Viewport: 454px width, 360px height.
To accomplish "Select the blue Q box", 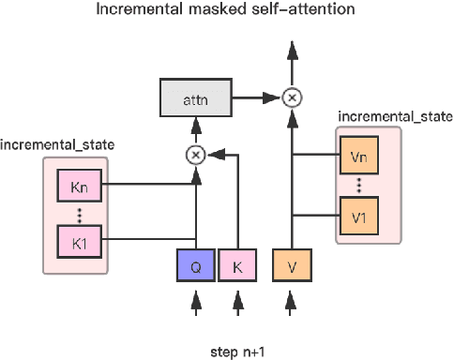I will (196, 266).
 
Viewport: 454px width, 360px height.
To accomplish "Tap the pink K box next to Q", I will (238, 266).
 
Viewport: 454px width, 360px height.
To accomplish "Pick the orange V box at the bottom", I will (292, 266).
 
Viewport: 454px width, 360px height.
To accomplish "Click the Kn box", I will (79, 185).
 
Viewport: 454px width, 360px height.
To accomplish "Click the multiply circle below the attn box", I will (196, 155).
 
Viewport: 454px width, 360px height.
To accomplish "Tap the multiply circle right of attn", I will (292, 97).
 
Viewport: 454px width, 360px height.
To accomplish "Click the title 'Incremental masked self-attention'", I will (226, 11).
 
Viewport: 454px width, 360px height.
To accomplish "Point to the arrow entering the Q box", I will (196, 302).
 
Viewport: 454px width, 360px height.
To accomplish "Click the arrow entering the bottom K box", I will (238, 302).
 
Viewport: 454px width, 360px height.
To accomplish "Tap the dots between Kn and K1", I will (79, 213).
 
